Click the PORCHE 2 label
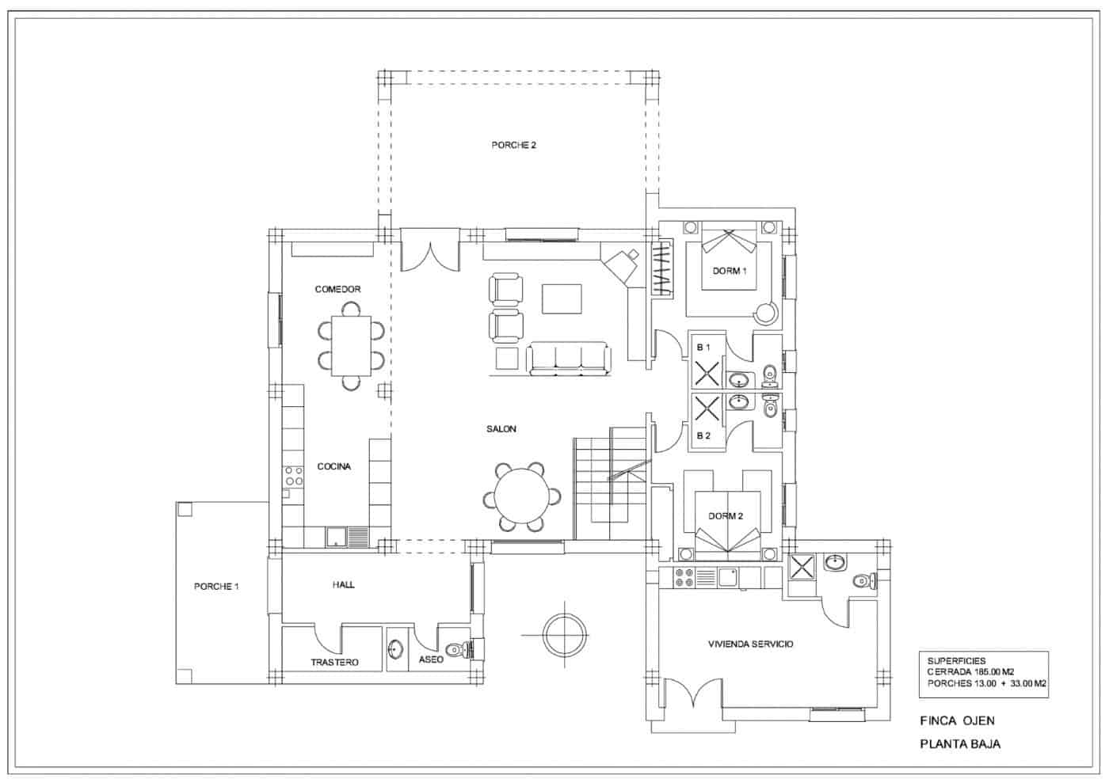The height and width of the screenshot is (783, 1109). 513,146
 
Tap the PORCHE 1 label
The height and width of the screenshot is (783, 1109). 216,587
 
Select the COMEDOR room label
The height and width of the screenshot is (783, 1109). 337,289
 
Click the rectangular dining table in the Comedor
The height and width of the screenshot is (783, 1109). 351,346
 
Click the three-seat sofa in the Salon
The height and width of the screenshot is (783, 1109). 568,358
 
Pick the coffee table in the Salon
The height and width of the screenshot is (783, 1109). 561,299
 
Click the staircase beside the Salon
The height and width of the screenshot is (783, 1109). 612,483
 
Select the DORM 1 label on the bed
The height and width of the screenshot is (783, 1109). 729,271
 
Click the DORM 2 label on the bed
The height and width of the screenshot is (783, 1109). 726,516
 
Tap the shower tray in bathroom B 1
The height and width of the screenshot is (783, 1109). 707,373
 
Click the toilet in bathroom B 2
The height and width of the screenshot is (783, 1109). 770,409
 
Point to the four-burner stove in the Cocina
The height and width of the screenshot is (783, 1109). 294,476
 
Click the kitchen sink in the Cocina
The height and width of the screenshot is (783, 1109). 337,538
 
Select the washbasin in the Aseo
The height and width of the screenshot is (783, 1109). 395,651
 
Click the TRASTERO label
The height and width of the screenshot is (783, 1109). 334,662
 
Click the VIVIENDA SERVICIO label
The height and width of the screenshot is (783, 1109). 750,644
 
